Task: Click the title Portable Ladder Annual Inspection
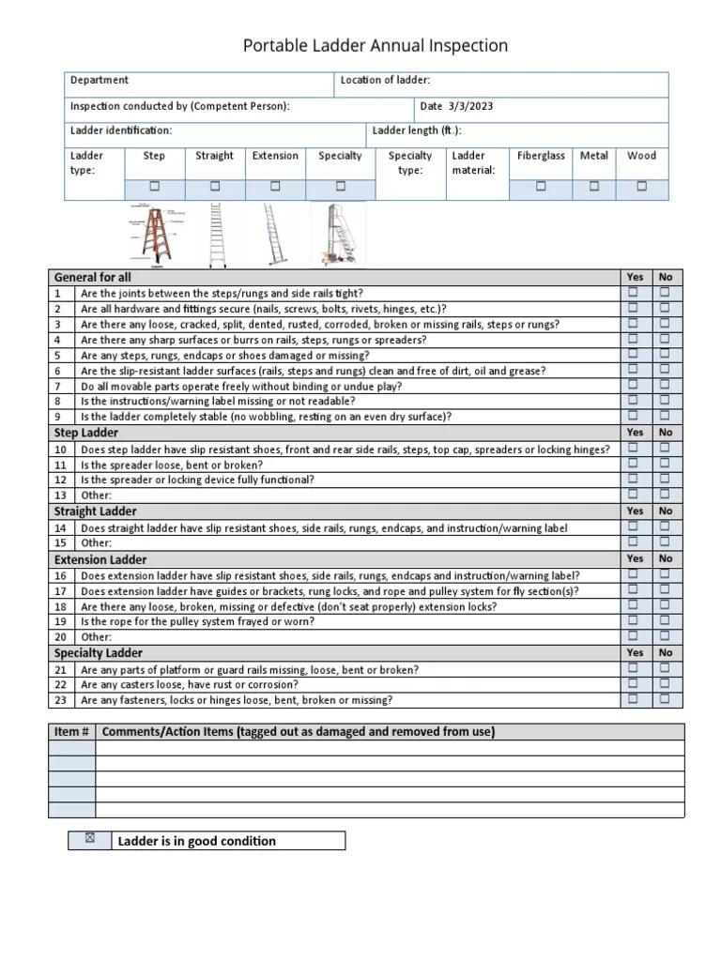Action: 376,46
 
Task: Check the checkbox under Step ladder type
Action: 154,187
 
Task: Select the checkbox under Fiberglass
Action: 541,187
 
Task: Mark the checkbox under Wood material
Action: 641,187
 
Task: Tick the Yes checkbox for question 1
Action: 633,293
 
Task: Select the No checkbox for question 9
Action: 665,415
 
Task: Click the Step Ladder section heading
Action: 86,433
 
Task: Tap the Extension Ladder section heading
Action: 100,559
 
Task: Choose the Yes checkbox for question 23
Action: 633,698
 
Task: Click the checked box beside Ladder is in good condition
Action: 90,839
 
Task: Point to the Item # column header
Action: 72,732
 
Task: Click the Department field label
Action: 100,81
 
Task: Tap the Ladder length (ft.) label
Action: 417,131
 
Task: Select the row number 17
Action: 60,591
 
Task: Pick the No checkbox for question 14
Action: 665,526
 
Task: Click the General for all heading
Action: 93,278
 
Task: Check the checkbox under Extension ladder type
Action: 275,187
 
